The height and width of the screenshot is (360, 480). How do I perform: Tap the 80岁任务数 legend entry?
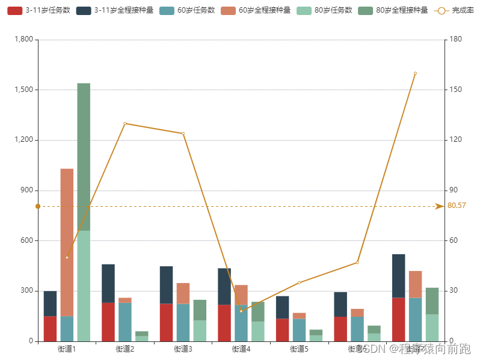point(325,10)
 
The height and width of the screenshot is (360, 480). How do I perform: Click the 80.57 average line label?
point(457,206)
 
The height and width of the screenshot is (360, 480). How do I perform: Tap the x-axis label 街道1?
point(67,349)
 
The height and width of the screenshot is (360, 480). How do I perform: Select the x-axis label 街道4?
point(241,349)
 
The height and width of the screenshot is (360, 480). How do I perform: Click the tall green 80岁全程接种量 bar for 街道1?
point(84,156)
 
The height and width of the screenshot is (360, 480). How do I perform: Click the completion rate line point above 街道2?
point(125,123)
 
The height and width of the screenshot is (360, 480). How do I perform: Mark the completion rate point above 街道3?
point(183,133)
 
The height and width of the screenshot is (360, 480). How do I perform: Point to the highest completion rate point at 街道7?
point(415,73)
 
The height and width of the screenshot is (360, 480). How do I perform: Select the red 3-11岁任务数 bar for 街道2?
point(108,322)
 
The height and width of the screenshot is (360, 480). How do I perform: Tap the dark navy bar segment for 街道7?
point(398,276)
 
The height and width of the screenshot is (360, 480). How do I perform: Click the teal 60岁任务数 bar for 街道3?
point(183,322)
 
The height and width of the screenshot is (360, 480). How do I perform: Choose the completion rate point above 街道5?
point(299,282)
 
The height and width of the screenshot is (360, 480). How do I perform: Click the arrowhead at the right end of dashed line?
point(439,206)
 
